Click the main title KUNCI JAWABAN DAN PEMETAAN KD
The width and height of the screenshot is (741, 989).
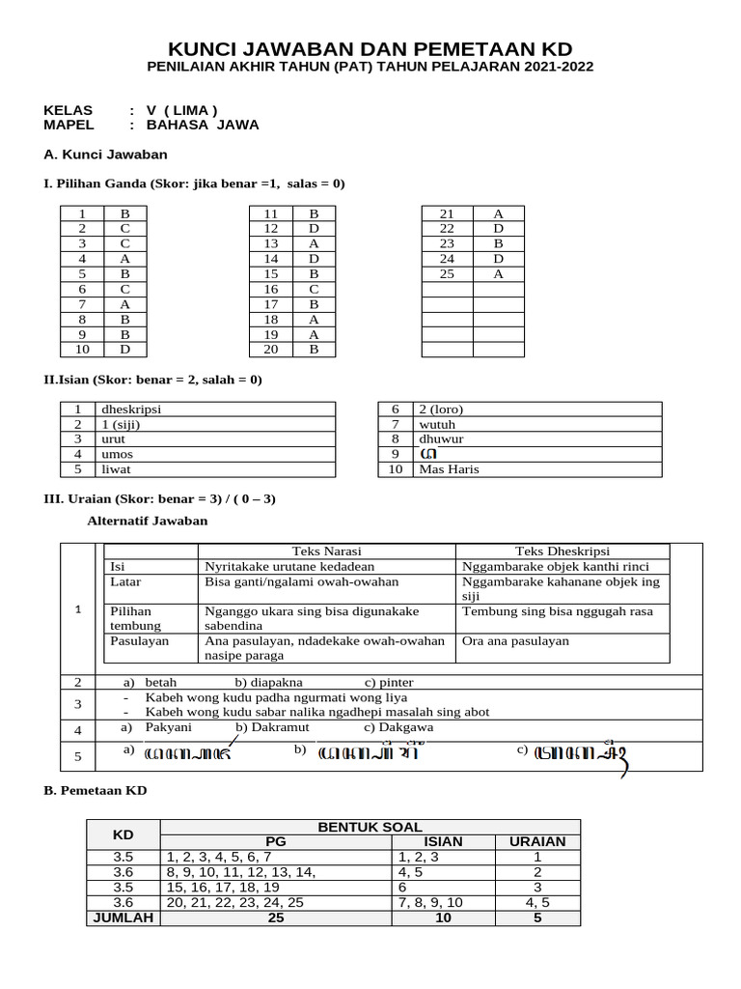pyautogui.click(x=370, y=49)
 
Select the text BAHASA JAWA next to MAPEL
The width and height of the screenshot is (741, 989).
pyautogui.click(x=202, y=125)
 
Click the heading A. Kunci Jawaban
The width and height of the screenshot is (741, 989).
pyautogui.click(x=106, y=155)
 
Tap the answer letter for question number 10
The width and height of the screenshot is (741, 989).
pyautogui.click(x=124, y=350)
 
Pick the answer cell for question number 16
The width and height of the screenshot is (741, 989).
pyautogui.click(x=314, y=289)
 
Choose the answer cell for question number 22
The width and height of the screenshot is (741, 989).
pyautogui.click(x=498, y=229)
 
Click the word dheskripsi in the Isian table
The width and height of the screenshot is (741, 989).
pyautogui.click(x=131, y=409)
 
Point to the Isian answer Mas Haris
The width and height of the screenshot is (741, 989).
pyautogui.click(x=449, y=469)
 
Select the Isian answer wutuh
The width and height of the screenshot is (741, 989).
pyautogui.click(x=437, y=424)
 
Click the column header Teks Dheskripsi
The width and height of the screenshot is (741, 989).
pyautogui.click(x=562, y=551)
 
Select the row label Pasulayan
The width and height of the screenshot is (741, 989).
pyautogui.click(x=140, y=641)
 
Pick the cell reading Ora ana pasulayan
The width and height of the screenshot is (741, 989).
pyautogui.click(x=515, y=641)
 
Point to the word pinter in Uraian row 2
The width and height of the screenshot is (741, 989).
pyautogui.click(x=396, y=682)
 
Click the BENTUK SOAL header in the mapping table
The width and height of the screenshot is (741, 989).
pyautogui.click(x=370, y=827)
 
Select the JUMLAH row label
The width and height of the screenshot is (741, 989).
pyautogui.click(x=123, y=918)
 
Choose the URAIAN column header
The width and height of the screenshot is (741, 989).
pyautogui.click(x=536, y=841)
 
